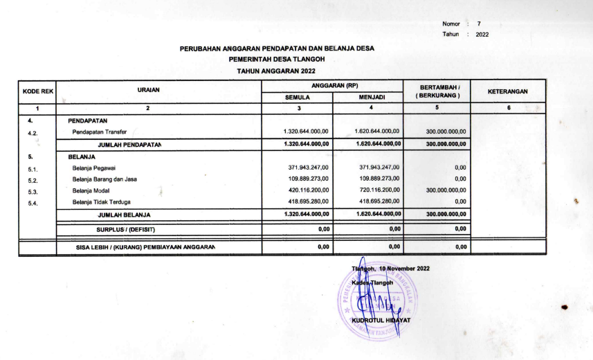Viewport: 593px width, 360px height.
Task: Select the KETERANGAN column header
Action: point(508,91)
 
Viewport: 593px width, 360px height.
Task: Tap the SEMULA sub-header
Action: point(298,98)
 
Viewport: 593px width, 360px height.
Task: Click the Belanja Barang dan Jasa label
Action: point(104,179)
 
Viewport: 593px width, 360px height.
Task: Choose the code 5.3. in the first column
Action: point(32,191)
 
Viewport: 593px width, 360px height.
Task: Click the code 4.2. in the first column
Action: point(32,132)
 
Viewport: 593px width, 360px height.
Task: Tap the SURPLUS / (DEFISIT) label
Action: point(125,229)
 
